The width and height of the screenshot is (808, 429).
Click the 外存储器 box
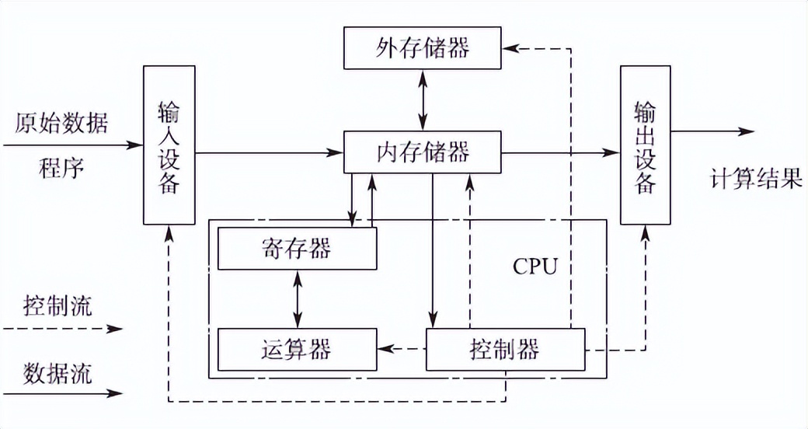click(x=423, y=48)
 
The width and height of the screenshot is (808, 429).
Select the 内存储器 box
click(x=423, y=152)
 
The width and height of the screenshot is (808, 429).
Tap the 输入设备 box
click(x=169, y=145)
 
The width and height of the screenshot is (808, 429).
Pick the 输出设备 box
click(x=645, y=145)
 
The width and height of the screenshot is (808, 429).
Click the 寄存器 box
click(x=297, y=249)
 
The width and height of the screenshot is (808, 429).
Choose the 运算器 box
click(x=297, y=349)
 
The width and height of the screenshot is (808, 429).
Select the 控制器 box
click(x=505, y=349)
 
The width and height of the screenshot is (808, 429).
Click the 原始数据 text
click(x=61, y=124)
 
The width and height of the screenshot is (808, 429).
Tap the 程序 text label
click(x=61, y=167)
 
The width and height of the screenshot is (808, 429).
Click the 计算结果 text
click(x=755, y=180)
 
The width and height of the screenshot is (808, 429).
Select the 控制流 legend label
click(x=58, y=305)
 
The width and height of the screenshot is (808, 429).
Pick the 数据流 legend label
click(x=58, y=372)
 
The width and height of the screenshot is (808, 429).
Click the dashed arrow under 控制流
click(x=62, y=329)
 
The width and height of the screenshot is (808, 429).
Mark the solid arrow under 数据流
click(x=62, y=394)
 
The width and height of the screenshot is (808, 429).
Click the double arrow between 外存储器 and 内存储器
click(x=423, y=99)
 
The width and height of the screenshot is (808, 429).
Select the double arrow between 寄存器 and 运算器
click(x=297, y=298)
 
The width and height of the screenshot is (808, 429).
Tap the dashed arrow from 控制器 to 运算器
click(x=402, y=349)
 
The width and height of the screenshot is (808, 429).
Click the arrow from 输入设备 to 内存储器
click(x=269, y=153)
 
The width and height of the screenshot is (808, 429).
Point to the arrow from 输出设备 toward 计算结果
click(x=712, y=132)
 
